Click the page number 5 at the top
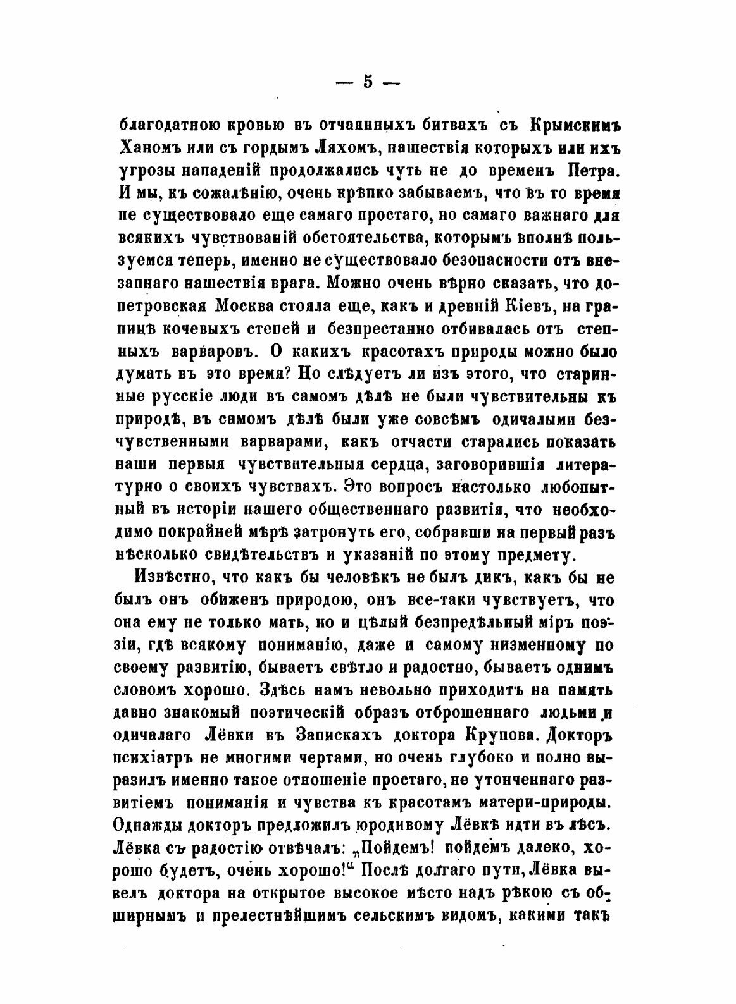pos(367,83)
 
